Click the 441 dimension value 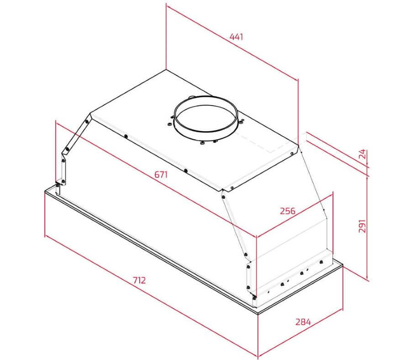click(236, 37)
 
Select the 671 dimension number click(161, 175)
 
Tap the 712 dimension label click(139, 280)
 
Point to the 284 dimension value click(303, 322)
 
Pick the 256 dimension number click(288, 211)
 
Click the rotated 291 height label click(362, 226)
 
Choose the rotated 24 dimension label click(362, 154)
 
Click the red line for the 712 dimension click(151, 296)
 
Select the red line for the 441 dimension click(232, 42)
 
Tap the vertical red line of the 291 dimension click(368, 228)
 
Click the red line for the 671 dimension click(155, 179)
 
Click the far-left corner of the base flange click(45, 191)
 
